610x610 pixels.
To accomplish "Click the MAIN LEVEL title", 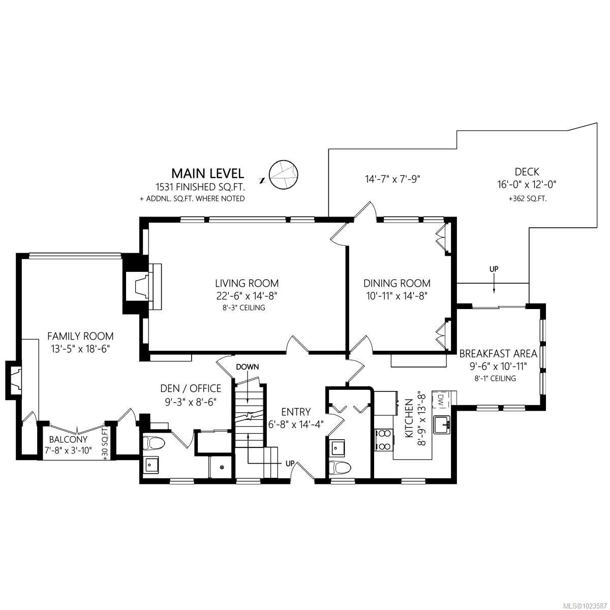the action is tap(208, 173).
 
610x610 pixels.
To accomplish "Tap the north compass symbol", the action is tap(283, 175).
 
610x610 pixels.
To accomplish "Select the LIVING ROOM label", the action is tap(247, 283).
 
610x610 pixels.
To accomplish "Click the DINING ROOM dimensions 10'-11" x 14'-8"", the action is tap(396, 296).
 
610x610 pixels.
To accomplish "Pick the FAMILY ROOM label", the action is tap(80, 335).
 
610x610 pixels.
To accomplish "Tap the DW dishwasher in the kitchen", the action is tap(441, 401).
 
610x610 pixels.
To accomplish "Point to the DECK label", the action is tap(527, 172).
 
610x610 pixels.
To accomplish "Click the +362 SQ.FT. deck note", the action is tap(527, 199).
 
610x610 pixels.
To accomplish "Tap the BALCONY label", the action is tap(68, 439).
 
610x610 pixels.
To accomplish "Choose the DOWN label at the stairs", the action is tap(247, 367).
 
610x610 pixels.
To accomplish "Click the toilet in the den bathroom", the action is tap(154, 443).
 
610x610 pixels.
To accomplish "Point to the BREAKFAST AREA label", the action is tap(498, 353).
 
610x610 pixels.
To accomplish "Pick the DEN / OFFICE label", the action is tap(191, 388).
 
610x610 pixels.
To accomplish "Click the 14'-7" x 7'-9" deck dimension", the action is tap(392, 179).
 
